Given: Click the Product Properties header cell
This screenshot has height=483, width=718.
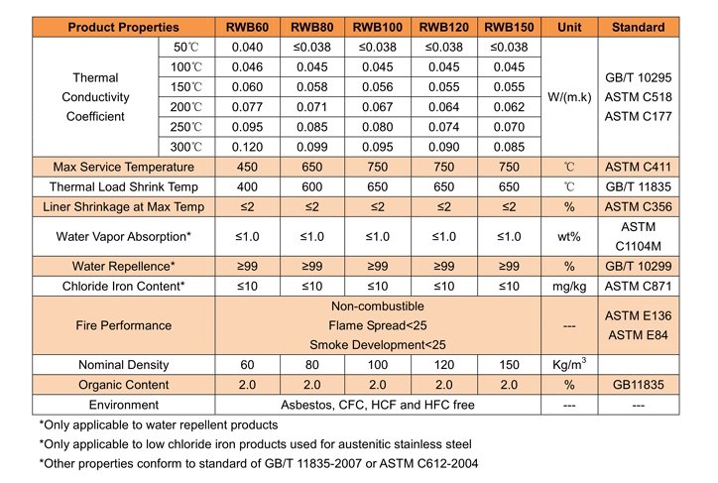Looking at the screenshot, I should (x=123, y=28).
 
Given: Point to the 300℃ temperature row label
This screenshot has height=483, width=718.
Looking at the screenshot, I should (x=186, y=145).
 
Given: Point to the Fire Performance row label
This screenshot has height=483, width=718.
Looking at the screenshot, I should (x=123, y=325).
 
